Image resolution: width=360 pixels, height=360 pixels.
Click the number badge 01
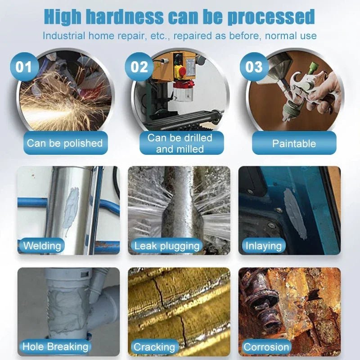coord(24,67)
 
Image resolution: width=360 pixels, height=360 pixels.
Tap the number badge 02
coord(139,67)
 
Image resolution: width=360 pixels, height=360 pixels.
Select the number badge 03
coord(254,67)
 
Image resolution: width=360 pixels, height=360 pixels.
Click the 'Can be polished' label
coord(65,143)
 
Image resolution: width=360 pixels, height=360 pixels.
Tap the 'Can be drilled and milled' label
coord(180,143)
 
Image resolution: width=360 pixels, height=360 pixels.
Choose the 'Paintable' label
coord(294,144)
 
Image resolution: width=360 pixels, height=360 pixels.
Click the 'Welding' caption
coord(42,246)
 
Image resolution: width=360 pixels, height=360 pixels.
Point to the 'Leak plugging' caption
coord(167,246)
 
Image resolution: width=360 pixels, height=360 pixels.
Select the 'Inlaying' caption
coord(263,246)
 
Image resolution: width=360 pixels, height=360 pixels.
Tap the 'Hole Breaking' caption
coord(55,346)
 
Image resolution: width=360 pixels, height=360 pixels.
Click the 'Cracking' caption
coord(154,347)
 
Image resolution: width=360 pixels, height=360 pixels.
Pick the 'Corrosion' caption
coord(266,347)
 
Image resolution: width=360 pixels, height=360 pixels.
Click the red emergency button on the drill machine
coord(180,71)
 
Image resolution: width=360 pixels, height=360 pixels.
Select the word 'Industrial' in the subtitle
coord(63,36)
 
